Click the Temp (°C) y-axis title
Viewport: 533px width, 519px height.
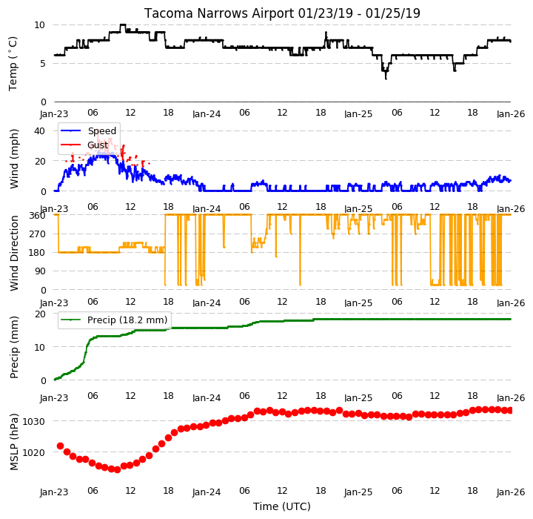13,64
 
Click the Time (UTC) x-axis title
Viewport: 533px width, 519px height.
282,506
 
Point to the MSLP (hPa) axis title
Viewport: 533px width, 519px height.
14,442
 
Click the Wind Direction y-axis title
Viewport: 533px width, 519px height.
14,253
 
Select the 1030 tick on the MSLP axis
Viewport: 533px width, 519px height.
33,422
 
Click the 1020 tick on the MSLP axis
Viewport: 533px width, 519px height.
33,452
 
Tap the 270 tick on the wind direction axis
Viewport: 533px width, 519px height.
38,234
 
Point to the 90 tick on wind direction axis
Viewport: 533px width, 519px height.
41,271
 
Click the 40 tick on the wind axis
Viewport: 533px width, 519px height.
39,130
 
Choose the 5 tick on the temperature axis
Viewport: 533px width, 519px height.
42,64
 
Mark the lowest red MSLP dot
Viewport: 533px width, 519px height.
117,470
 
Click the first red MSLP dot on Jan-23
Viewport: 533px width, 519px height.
61,446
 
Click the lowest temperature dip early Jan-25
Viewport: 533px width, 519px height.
386,79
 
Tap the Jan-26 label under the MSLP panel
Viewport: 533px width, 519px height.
511,492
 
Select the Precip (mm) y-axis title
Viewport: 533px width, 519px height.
14,348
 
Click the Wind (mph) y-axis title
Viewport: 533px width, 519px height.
14,159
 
